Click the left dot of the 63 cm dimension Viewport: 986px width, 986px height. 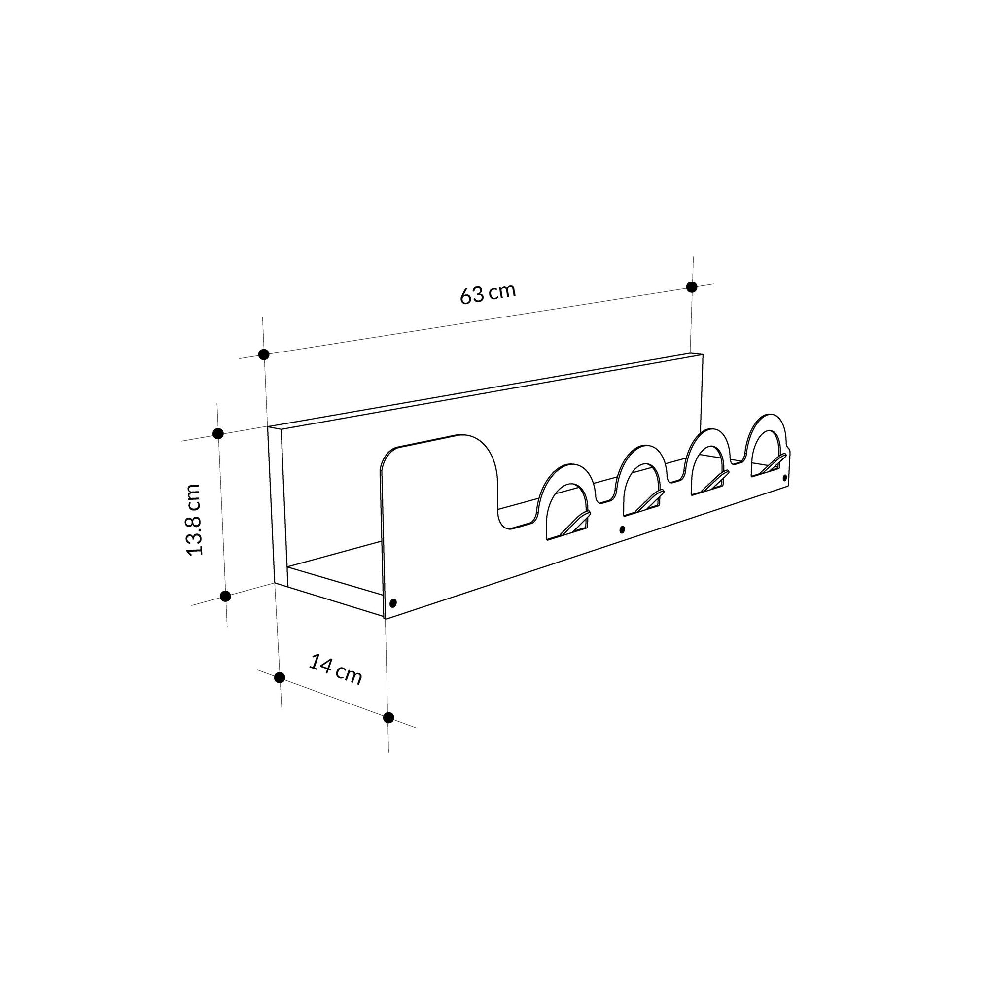264,354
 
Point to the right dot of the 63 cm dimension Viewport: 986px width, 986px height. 692,287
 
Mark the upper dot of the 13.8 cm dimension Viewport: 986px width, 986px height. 218,434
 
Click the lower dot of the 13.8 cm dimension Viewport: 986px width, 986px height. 225,596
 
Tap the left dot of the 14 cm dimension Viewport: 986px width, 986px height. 279,677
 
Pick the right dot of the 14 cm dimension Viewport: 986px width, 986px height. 388,717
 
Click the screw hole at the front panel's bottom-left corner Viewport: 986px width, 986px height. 392,603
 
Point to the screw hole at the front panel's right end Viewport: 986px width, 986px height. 784,477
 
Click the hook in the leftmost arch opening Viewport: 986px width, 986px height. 576,524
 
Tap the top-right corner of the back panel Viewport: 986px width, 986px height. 702,354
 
